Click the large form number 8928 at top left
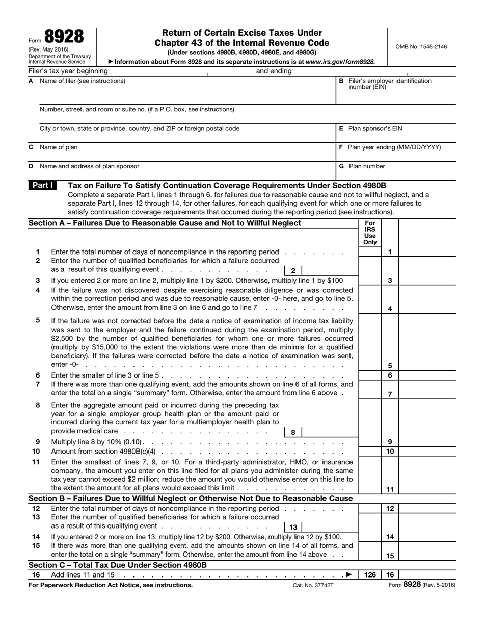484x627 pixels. click(x=64, y=37)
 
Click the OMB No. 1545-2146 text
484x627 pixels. click(x=421, y=47)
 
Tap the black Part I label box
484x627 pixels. click(x=42, y=186)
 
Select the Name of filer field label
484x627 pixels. click(x=83, y=81)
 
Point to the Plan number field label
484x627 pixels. click(x=367, y=166)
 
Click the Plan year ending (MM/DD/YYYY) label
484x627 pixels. click(x=394, y=147)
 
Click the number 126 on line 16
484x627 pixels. click(x=370, y=575)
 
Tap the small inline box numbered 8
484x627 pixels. click(x=293, y=432)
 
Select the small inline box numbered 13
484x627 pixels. click(x=293, y=527)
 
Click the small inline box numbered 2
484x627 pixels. click(x=293, y=271)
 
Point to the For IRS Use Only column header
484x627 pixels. click(x=370, y=233)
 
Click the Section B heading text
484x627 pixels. click(x=191, y=498)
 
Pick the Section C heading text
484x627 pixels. click(x=118, y=565)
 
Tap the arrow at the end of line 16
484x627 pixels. click(x=349, y=575)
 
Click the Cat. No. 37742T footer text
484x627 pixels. click(x=313, y=585)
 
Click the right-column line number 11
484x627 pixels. click(x=390, y=489)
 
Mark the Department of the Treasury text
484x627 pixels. click(x=60, y=56)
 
